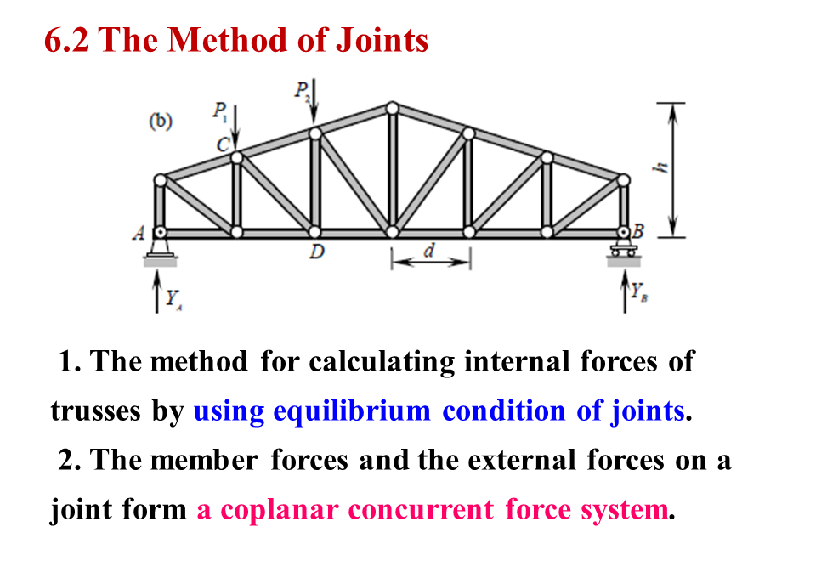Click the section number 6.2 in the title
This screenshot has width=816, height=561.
pyautogui.click(x=67, y=40)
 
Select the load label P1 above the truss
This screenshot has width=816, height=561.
pyautogui.click(x=219, y=110)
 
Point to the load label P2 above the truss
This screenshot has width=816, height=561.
pyautogui.click(x=302, y=90)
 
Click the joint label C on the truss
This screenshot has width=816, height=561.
pyautogui.click(x=223, y=144)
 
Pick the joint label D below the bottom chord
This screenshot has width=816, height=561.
pyautogui.click(x=314, y=254)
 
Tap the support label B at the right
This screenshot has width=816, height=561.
pyautogui.click(x=639, y=230)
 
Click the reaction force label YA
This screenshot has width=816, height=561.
pyautogui.click(x=174, y=298)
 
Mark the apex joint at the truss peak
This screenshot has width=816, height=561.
pyautogui.click(x=392, y=108)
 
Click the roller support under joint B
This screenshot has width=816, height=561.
pyautogui.click(x=624, y=248)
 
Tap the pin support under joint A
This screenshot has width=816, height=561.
pyautogui.click(x=159, y=246)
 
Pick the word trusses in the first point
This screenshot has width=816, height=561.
pyautogui.click(x=96, y=411)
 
